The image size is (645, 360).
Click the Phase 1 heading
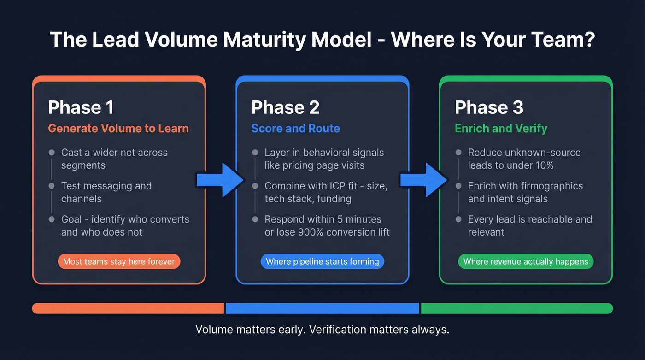tap(81, 107)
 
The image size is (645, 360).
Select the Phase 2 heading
tap(285, 107)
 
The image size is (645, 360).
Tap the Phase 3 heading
tap(489, 107)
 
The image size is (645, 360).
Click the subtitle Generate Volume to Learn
tap(118, 128)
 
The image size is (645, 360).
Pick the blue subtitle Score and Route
tap(295, 128)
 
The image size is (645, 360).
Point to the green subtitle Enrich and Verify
tap(501, 128)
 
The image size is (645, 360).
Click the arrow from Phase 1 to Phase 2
tap(220, 179)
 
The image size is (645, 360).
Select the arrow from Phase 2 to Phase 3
tap(423, 179)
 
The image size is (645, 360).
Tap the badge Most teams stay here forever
tap(119, 261)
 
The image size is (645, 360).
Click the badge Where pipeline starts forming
tap(322, 261)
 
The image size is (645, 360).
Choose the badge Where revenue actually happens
tap(526, 261)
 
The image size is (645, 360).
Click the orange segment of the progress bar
tap(128, 308)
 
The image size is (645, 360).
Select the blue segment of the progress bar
tap(322, 308)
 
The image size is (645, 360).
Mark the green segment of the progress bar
tap(516, 308)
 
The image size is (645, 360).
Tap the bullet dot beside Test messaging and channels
tap(52, 186)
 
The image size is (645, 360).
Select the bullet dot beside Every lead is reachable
tap(458, 219)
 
